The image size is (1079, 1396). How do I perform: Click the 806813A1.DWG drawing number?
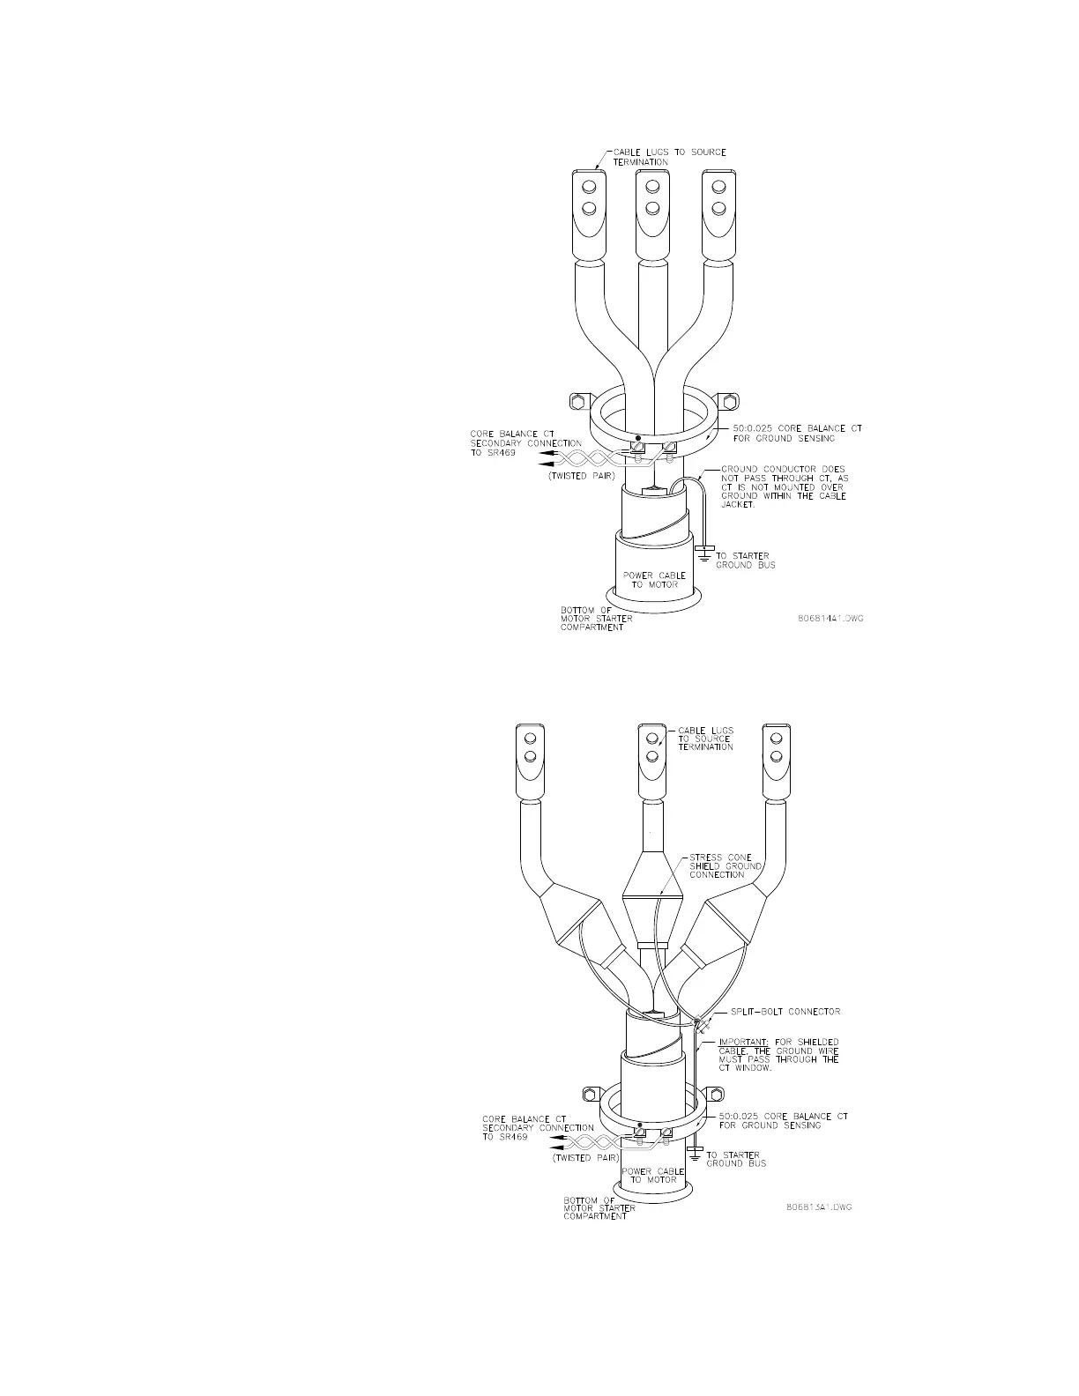click(x=817, y=1207)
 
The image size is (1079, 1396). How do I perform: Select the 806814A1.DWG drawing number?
click(x=829, y=618)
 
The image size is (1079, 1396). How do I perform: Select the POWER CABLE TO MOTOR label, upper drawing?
click(x=654, y=580)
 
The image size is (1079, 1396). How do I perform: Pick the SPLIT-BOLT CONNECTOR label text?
click(x=785, y=1011)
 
